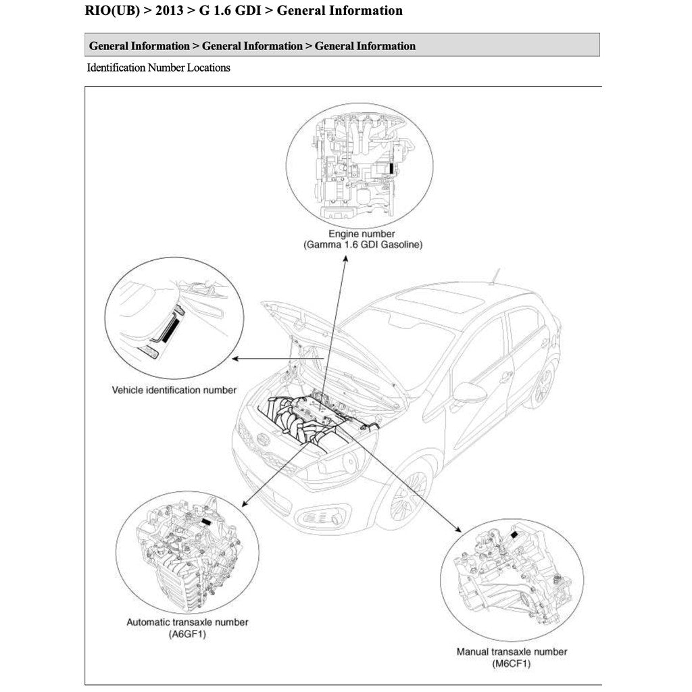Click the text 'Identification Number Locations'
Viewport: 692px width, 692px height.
point(158,68)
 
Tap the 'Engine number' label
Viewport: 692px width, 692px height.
point(362,234)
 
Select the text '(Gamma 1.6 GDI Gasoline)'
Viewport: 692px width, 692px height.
point(362,245)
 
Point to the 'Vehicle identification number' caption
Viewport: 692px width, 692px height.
point(174,390)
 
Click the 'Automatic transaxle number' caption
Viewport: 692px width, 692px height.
point(187,622)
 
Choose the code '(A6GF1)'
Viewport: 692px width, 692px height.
point(187,635)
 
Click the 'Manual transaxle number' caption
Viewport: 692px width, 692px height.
point(512,651)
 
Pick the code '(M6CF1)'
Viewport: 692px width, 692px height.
point(512,664)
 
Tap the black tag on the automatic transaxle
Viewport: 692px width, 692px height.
point(207,522)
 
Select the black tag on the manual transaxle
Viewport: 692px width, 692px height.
point(516,534)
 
